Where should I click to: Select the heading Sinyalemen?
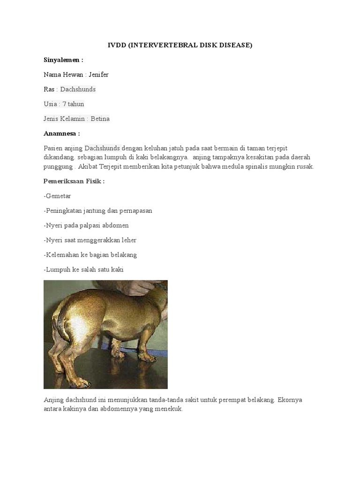[x=63, y=60]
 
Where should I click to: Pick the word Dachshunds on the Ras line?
[x=78, y=89]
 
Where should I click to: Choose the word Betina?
[x=100, y=119]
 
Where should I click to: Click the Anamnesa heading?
[x=62, y=134]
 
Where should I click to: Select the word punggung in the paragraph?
[x=58, y=166]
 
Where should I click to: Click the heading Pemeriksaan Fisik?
[x=74, y=181]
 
